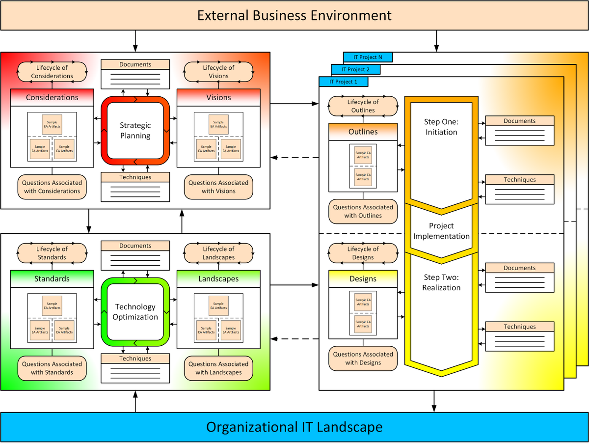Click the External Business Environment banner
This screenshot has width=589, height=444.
tap(294, 15)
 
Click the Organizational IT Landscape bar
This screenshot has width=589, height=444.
tap(294, 427)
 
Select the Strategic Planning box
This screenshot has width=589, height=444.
tap(135, 130)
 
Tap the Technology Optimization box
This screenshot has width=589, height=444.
tap(135, 312)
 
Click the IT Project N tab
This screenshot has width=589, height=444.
tap(368, 57)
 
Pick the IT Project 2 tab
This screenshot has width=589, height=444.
tap(355, 69)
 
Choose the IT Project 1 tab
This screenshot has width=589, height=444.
tap(343, 82)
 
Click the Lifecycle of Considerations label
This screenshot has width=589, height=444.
tap(52, 72)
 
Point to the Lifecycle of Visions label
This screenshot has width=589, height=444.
tap(218, 72)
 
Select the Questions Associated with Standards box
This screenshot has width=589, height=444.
tap(52, 368)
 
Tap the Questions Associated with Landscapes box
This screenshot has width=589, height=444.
tap(218, 368)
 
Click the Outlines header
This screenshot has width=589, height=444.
tap(363, 132)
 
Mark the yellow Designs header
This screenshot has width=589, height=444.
tap(363, 278)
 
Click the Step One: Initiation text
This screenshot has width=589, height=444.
tap(441, 127)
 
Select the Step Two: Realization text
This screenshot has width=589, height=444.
tap(441, 282)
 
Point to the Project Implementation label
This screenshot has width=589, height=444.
tap(441, 231)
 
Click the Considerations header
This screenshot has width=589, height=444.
tap(52, 97)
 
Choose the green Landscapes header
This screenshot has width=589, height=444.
tap(218, 278)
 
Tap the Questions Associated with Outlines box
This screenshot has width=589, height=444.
tap(363, 211)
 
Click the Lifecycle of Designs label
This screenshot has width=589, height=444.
tap(363, 253)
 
